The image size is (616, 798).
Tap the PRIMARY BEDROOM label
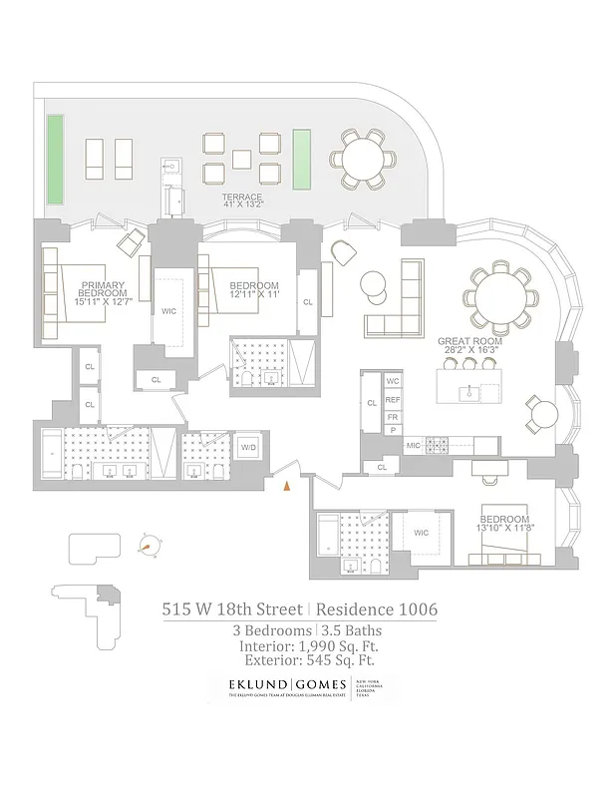coord(103,290)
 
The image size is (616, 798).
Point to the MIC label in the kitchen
coord(412,444)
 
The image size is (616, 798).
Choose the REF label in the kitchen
coord(393,399)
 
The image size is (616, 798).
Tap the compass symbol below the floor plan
coord(150,545)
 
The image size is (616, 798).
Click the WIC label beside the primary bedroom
coord(168,310)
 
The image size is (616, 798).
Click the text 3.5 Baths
coord(352,630)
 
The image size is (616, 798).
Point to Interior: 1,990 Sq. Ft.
coord(308,645)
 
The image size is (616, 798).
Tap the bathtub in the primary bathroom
coord(52,454)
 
